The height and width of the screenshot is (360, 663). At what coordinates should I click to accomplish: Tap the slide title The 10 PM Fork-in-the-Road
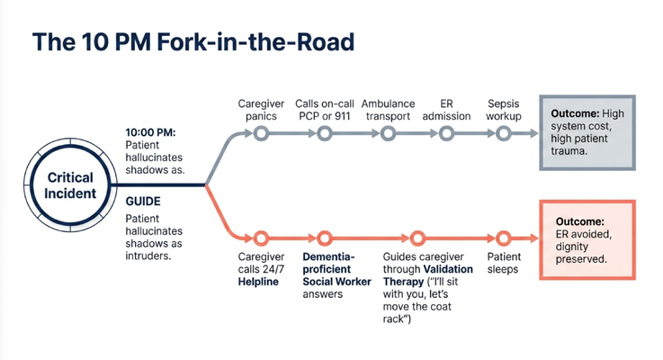(x=193, y=42)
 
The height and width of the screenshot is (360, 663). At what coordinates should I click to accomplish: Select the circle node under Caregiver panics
(x=261, y=134)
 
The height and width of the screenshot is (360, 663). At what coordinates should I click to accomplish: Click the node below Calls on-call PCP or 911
(x=325, y=134)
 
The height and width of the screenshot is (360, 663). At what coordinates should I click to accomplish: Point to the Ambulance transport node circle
(x=388, y=134)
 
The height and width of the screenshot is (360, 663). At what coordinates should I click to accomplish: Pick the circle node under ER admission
(x=446, y=134)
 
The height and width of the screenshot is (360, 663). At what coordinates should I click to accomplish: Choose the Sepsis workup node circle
(x=503, y=134)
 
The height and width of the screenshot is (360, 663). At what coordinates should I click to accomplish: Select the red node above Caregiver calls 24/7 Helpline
(x=261, y=238)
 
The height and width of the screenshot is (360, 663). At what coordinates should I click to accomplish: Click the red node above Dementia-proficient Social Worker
(x=325, y=238)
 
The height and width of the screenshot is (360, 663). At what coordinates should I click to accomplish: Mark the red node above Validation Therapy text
(x=417, y=238)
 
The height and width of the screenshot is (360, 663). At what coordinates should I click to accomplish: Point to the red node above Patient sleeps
(x=503, y=238)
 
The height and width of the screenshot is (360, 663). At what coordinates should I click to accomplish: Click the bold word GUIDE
(x=143, y=202)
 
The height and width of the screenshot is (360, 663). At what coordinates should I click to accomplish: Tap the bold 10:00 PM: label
(x=150, y=132)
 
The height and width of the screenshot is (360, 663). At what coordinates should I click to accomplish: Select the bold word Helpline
(x=258, y=282)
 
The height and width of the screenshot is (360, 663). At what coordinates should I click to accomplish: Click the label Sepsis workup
(x=503, y=110)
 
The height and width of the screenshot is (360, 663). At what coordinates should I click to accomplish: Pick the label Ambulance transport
(x=388, y=110)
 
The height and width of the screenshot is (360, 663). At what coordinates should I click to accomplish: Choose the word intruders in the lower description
(x=148, y=256)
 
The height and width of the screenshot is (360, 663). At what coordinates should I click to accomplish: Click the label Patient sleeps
(x=504, y=263)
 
